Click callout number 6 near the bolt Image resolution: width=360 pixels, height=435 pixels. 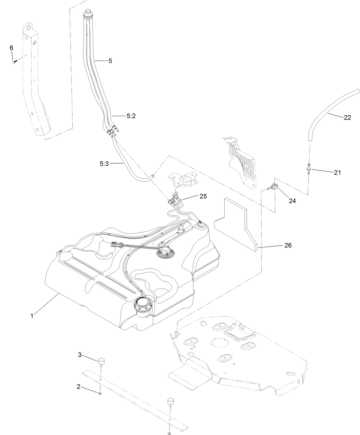click(x=11, y=48)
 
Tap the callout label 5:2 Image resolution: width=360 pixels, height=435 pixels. click(x=131, y=116)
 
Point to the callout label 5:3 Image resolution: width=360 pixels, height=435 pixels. click(x=104, y=164)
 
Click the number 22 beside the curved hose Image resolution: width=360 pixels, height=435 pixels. click(x=347, y=118)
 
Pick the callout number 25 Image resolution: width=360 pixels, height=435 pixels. click(x=203, y=196)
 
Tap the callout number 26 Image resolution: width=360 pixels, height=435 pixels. click(x=288, y=245)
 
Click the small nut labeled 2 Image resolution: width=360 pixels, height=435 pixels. click(x=100, y=394)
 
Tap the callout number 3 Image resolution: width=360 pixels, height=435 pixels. click(x=80, y=355)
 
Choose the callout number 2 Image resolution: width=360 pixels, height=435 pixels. click(x=78, y=387)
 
